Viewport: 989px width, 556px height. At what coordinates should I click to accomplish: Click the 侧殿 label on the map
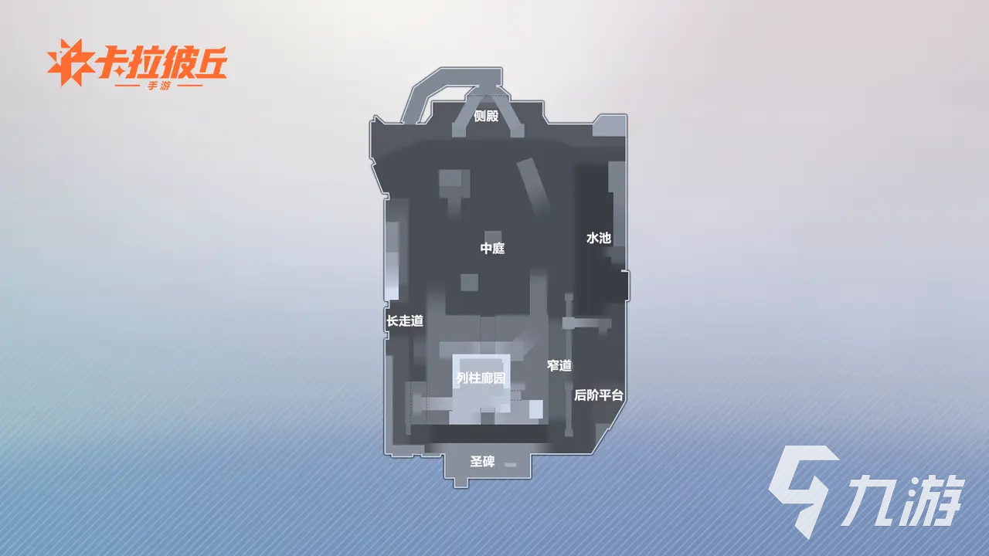486,116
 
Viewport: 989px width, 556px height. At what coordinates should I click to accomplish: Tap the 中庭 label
492,248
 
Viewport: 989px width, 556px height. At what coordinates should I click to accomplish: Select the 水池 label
599,238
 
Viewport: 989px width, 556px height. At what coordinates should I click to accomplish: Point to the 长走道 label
405,320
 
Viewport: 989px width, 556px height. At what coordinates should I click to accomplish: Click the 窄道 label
559,365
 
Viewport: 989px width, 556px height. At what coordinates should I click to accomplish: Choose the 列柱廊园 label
481,378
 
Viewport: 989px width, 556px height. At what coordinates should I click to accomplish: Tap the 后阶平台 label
599,395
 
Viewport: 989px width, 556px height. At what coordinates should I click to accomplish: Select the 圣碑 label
482,462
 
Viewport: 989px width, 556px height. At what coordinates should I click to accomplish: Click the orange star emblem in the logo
70,63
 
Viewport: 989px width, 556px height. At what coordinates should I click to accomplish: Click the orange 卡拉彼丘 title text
161,62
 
